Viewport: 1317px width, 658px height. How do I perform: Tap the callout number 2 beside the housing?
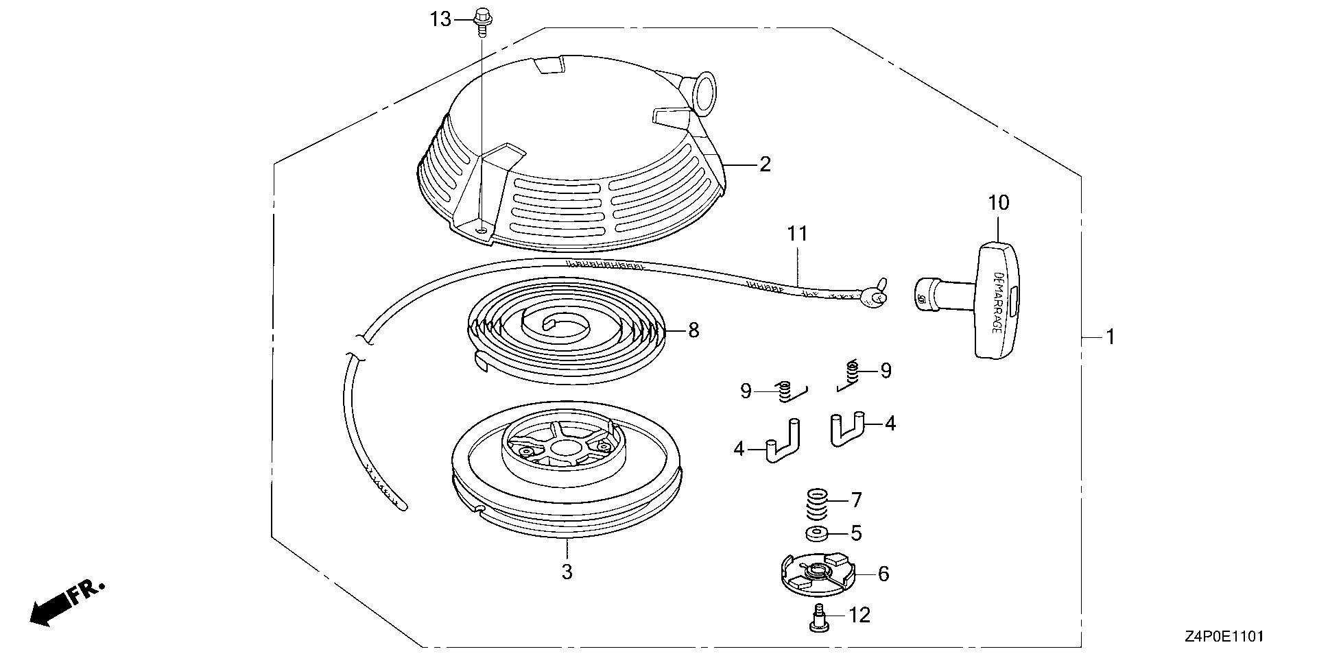765,164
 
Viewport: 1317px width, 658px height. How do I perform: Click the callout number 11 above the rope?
797,234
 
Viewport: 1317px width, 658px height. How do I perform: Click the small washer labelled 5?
815,533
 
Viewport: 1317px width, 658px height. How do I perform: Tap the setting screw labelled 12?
817,618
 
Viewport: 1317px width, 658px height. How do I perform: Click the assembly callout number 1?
1109,337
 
